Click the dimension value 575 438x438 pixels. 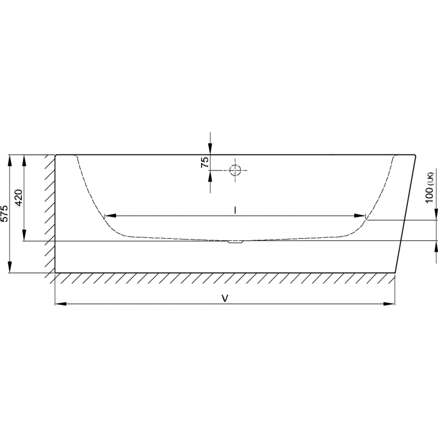coord(4,213)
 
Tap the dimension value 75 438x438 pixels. coord(205,162)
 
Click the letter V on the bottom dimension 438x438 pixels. coord(225,298)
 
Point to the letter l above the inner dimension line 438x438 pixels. coord(235,210)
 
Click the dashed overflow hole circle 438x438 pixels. coord(235,170)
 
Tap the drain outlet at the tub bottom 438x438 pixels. coord(235,242)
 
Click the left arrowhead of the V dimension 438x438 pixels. coord(61,304)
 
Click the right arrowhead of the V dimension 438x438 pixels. coord(389,304)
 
